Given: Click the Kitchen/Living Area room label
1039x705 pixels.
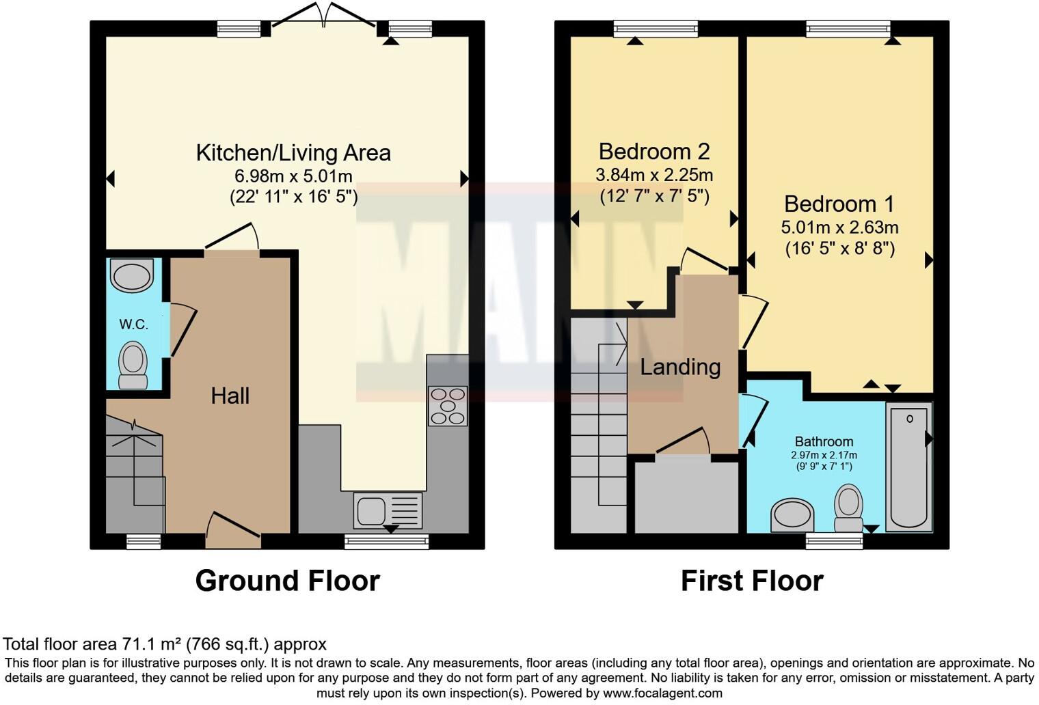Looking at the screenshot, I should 293,152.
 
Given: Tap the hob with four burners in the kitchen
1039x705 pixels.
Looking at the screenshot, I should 448,406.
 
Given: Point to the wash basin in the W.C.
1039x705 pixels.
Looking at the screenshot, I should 133,276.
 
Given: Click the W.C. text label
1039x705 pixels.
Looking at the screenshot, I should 134,324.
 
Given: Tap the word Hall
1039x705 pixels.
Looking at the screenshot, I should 230,396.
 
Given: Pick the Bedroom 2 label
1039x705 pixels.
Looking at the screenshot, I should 654,151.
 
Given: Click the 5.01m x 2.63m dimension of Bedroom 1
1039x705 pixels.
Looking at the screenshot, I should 839,227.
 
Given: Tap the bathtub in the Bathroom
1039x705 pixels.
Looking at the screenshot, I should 908,467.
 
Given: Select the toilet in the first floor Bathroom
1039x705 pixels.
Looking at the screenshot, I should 848,508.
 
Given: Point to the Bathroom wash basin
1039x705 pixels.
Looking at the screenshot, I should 792,514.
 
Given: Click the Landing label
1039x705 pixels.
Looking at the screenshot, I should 680,367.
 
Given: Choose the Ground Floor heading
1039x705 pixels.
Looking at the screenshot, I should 287,581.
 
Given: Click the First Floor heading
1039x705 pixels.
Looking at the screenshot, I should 752,581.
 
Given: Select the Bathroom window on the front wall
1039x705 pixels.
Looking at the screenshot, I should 834,542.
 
